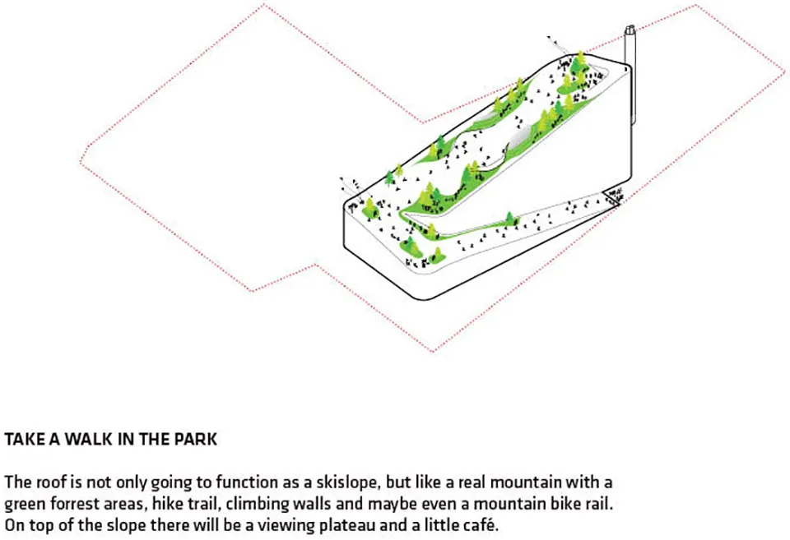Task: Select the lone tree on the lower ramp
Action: pyautogui.click(x=510, y=219)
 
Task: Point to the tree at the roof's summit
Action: pyautogui.click(x=581, y=59)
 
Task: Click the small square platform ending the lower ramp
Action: pyautogui.click(x=611, y=196)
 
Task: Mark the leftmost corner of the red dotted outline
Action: pyautogui.click(x=80, y=162)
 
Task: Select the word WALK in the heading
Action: pyautogui.click(x=89, y=440)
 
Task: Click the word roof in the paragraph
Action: pyautogui.click(x=53, y=482)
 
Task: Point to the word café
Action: pyautogui.click(x=479, y=525)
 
